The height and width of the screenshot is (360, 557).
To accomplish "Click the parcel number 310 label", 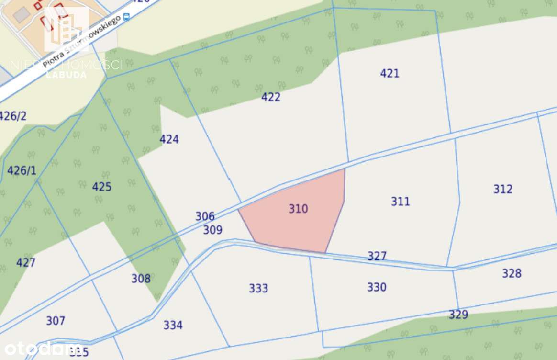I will click(x=298, y=209).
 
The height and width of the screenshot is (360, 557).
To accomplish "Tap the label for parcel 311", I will click(x=401, y=202).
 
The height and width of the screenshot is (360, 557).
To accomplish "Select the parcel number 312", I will click(x=503, y=189).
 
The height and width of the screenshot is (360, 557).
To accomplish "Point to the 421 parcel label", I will click(x=390, y=73).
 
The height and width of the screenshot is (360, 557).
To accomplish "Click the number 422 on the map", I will click(x=271, y=97).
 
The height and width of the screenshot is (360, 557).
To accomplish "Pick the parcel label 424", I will click(x=169, y=139).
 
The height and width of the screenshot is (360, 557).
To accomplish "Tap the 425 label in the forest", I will click(x=101, y=187).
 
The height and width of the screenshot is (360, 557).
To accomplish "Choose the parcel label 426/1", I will click(x=22, y=170).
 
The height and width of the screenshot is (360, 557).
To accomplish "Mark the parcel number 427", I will click(x=26, y=262).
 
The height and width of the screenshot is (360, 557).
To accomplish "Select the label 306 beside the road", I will click(x=205, y=216).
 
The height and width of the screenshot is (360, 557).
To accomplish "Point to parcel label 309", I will click(x=212, y=230).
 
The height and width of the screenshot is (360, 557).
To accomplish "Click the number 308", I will click(x=141, y=279).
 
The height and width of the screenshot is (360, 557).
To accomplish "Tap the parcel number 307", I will click(x=56, y=321).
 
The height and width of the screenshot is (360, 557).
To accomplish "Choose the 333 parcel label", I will click(x=258, y=288).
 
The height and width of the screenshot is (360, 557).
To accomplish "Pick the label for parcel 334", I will click(x=173, y=326).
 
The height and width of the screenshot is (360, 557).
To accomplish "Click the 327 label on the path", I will click(x=377, y=256).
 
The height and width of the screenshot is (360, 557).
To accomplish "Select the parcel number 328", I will click(x=512, y=273).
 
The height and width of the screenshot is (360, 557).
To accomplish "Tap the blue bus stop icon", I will click(x=126, y=17).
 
